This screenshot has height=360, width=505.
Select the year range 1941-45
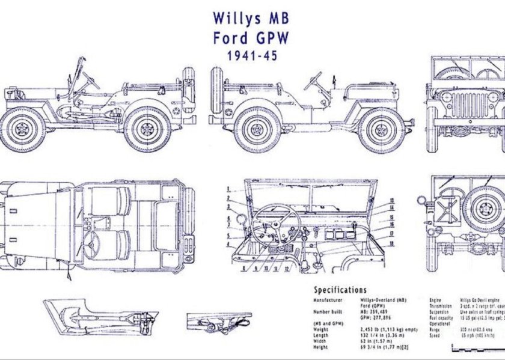[x=251, y=56]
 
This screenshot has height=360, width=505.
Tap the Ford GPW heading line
[x=251, y=37]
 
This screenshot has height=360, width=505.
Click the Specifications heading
[x=340, y=290]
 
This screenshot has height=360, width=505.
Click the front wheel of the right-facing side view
[x=381, y=130]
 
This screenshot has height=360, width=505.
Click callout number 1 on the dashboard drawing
[x=229, y=189]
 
